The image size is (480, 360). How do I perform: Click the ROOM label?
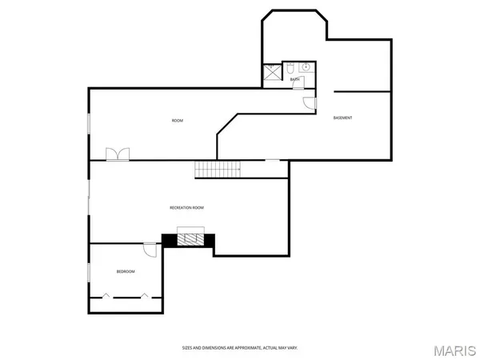point(178,121)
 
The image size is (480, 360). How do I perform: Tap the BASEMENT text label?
point(342,118)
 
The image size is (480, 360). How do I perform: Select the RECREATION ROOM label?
point(186,208)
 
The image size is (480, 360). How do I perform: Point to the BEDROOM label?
point(126,272)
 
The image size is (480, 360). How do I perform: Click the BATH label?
point(294,79)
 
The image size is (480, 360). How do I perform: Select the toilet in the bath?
point(290,67)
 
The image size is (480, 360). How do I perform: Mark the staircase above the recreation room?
point(218,170)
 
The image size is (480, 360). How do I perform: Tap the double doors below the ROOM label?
point(117,154)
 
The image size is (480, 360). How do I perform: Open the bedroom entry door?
point(150,249)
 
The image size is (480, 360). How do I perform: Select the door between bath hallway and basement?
point(312,102)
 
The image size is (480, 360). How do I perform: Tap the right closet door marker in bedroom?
point(144,297)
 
